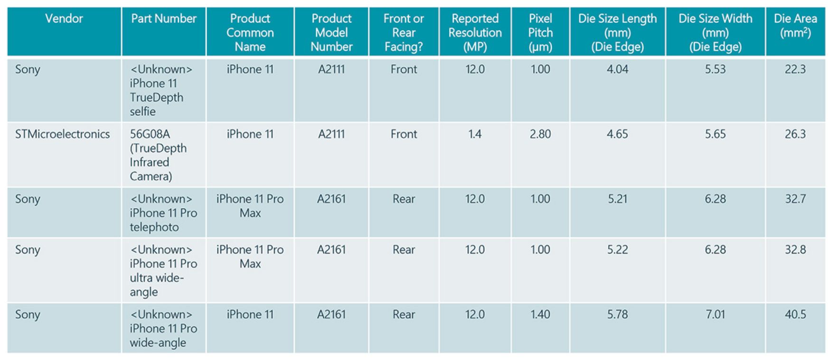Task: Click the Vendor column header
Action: pos(64,19)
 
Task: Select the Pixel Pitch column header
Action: pos(540,32)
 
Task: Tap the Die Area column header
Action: pos(795,26)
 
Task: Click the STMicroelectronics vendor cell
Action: pos(62,134)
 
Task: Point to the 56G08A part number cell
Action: pos(158,155)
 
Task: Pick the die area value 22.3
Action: pos(795,69)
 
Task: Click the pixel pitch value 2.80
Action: pos(540,134)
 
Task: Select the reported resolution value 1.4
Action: pos(475,134)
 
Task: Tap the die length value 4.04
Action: pos(617,69)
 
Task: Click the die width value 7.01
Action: pos(715,314)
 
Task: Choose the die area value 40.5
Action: pos(795,314)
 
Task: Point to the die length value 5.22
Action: pos(617,250)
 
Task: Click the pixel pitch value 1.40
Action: pos(540,314)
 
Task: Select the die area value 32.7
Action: pos(795,199)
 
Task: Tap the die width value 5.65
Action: pos(715,134)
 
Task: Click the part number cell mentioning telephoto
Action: pos(163,213)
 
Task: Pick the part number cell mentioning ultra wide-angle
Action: pos(163,270)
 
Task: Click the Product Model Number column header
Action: pos(331,32)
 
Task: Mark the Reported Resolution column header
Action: pos(475,32)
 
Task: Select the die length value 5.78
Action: pos(617,314)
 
